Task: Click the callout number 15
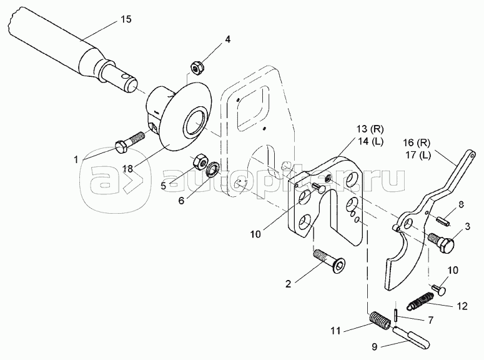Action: pos(125,21)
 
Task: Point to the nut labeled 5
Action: pos(201,160)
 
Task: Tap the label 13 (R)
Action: pos(368,129)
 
